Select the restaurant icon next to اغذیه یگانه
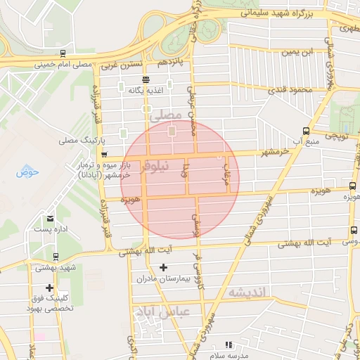click(x=146, y=79)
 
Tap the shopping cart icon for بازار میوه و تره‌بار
click(x=104, y=155)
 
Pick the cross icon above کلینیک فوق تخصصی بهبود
click(x=49, y=288)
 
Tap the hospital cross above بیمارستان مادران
click(x=164, y=267)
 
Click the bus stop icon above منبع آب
click(x=305, y=130)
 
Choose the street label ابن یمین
click(x=298, y=52)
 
